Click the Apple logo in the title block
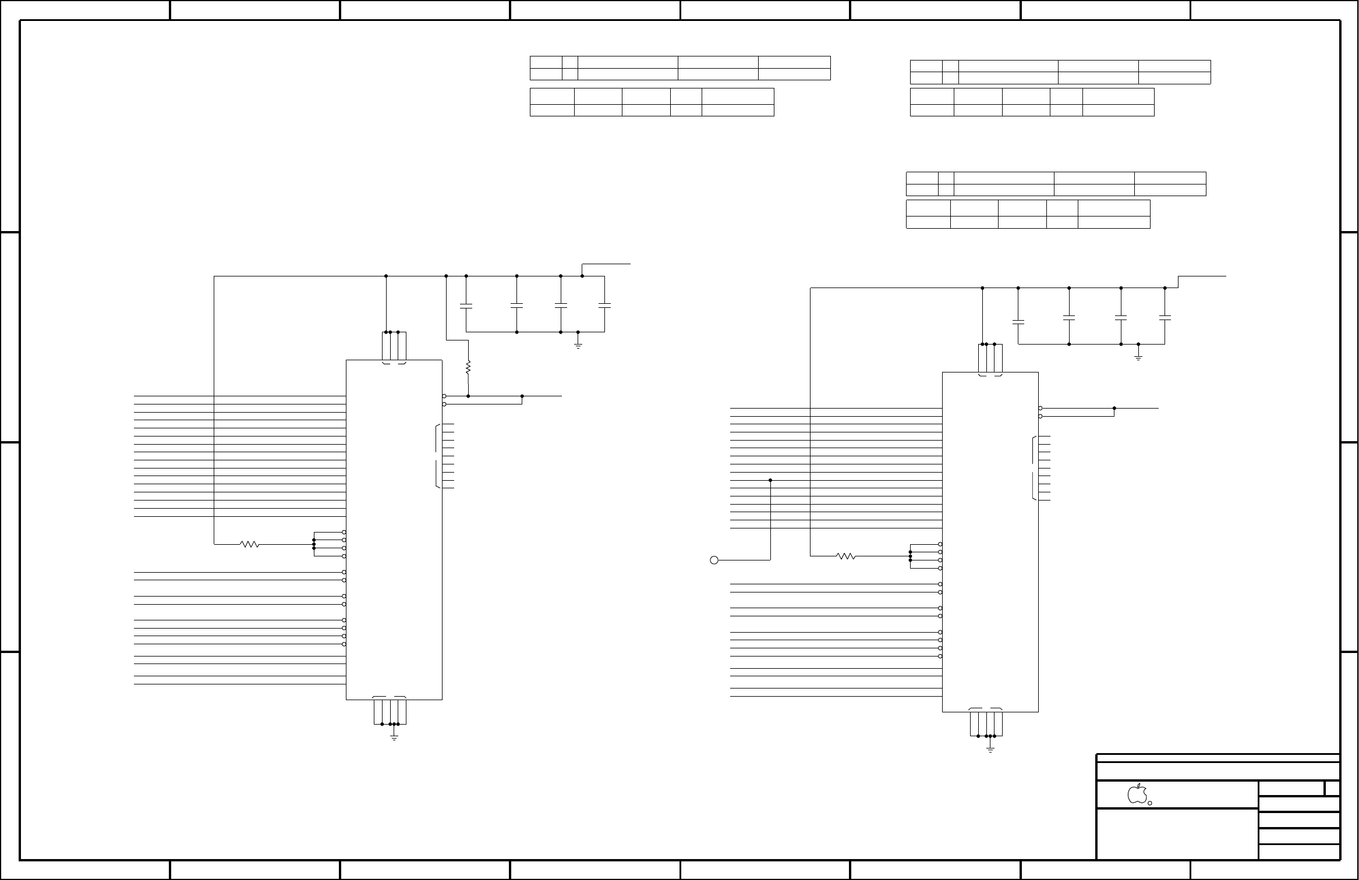pyautogui.click(x=1137, y=794)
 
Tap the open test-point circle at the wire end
pyautogui.click(x=714, y=560)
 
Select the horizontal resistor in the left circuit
pyautogui.click(x=250, y=544)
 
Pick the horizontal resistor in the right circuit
pyautogui.click(x=846, y=556)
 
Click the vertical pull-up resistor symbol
pyautogui.click(x=468, y=368)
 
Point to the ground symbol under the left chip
pyautogui.click(x=394, y=737)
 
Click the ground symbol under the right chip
pyautogui.click(x=990, y=750)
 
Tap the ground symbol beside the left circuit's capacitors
pyautogui.click(x=578, y=345)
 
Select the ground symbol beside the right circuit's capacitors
pyautogui.click(x=1138, y=357)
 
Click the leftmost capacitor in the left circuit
pyautogui.click(x=466, y=306)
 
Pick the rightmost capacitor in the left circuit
pyautogui.click(x=604, y=305)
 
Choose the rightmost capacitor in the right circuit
pyautogui.click(x=1165, y=317)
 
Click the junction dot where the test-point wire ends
pyautogui.click(x=770, y=480)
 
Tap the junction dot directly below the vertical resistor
pyautogui.click(x=468, y=396)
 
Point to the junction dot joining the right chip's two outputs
pyautogui.click(x=1114, y=409)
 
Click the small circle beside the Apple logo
pyautogui.click(x=1150, y=803)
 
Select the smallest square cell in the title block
pyautogui.click(x=1332, y=789)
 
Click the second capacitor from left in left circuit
pyautogui.click(x=517, y=305)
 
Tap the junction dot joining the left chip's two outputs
pyautogui.click(x=522, y=396)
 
